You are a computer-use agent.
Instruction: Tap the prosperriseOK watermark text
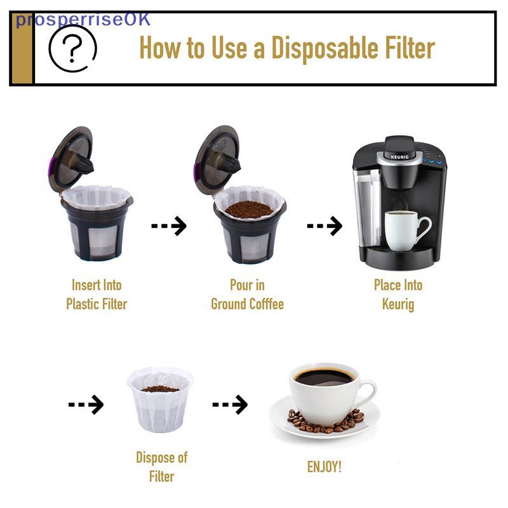(83, 20)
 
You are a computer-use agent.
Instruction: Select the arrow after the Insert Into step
(169, 225)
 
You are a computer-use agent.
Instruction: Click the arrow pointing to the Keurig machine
(324, 225)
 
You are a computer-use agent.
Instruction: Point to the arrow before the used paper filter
(86, 404)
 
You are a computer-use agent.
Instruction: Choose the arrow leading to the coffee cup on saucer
(230, 404)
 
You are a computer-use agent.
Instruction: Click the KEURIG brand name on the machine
(399, 157)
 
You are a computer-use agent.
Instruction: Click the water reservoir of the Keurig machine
(368, 208)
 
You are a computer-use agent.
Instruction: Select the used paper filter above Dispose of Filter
(160, 400)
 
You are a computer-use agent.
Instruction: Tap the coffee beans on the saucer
(326, 422)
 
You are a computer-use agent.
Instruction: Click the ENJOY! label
(324, 467)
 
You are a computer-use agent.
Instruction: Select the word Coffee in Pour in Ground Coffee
(266, 304)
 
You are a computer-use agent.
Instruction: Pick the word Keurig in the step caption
(398, 305)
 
